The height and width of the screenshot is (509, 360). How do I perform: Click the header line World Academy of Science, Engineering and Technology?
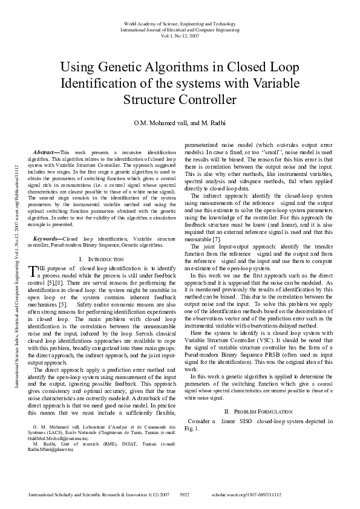coord(180,22)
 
